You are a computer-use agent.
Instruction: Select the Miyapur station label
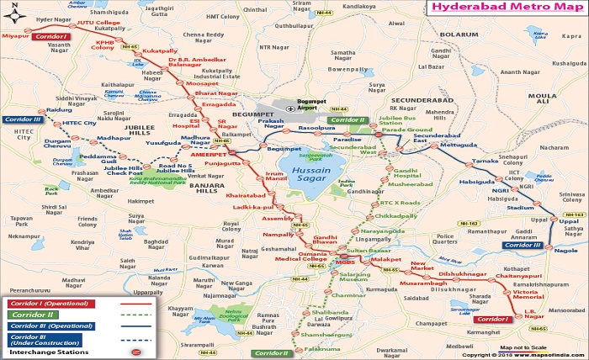pos(15,37)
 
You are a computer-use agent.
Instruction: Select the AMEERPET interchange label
pos(209,156)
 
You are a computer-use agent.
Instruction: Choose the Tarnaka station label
pos(486,160)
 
